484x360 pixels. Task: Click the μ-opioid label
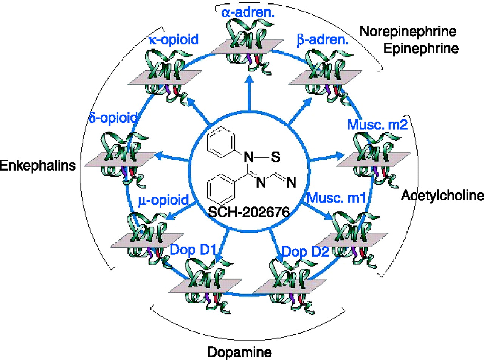[x=163, y=200]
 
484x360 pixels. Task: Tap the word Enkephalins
[x=37, y=165]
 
